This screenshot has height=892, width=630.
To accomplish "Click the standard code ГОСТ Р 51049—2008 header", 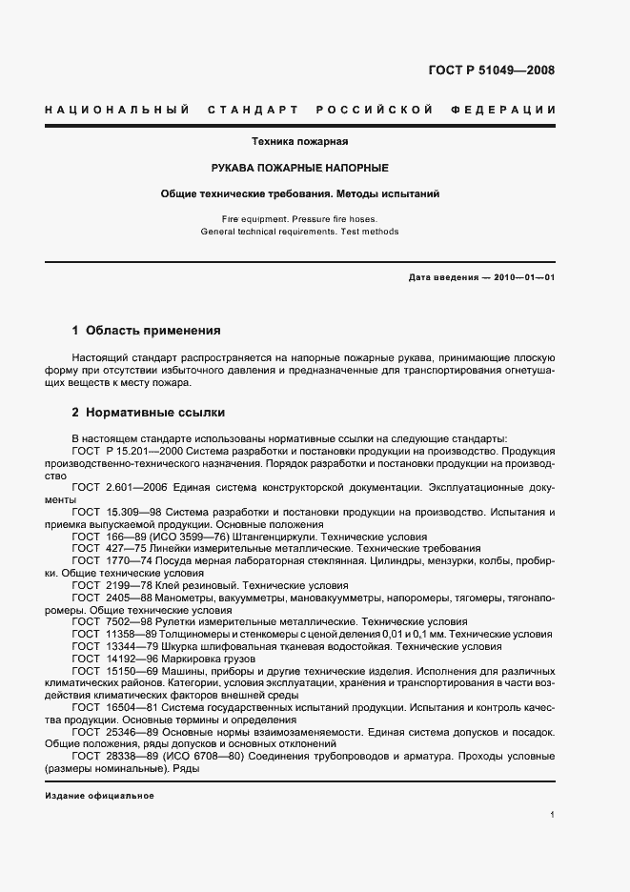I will [492, 71].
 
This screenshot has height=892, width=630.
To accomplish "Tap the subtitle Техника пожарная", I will [299, 142].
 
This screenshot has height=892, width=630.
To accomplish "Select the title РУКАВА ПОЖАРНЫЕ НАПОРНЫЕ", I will [299, 168].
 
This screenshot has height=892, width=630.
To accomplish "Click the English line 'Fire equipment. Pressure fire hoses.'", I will [299, 218].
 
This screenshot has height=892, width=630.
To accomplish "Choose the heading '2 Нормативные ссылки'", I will [148, 413].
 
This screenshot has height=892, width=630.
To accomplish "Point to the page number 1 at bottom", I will [552, 816].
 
